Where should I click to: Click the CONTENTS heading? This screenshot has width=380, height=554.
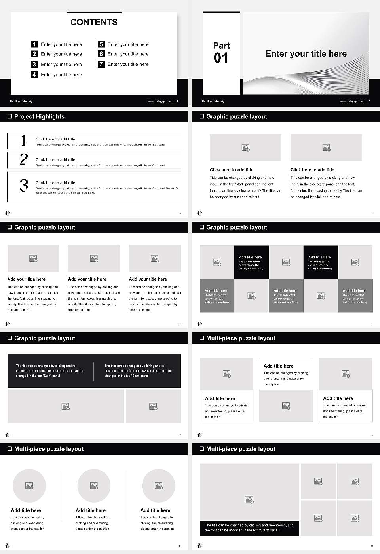tap(94, 22)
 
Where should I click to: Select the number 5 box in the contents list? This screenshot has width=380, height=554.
tap(101, 44)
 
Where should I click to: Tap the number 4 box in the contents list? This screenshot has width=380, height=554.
tap(34, 74)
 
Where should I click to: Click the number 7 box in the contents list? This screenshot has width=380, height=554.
tap(101, 64)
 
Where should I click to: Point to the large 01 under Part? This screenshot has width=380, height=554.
tap(221, 58)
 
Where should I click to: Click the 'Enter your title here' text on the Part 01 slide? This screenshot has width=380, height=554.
tap(306, 54)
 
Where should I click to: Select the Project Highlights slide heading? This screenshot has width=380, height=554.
tap(39, 116)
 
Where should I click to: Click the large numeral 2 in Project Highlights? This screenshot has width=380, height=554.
tap(24, 159)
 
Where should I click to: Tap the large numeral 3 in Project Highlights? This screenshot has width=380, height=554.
tap(24, 185)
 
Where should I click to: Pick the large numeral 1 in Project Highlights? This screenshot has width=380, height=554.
tap(24, 140)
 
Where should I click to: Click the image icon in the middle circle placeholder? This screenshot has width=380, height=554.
tap(94, 486)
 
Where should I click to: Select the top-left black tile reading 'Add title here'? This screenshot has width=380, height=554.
tap(251, 262)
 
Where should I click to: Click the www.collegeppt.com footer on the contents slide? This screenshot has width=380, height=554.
tap(160, 101)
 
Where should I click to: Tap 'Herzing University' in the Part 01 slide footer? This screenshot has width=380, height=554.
tap(213, 101)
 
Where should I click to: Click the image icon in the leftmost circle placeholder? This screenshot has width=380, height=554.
tap(29, 486)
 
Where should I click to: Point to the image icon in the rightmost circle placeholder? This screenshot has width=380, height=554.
tap(158, 486)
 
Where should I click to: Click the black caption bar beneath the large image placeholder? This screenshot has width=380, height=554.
tap(249, 528)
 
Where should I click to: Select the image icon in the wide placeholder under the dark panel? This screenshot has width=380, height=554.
tap(66, 406)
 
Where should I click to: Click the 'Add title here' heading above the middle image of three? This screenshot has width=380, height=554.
tap(279, 366)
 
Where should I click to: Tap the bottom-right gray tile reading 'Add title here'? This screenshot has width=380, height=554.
tap(355, 296)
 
